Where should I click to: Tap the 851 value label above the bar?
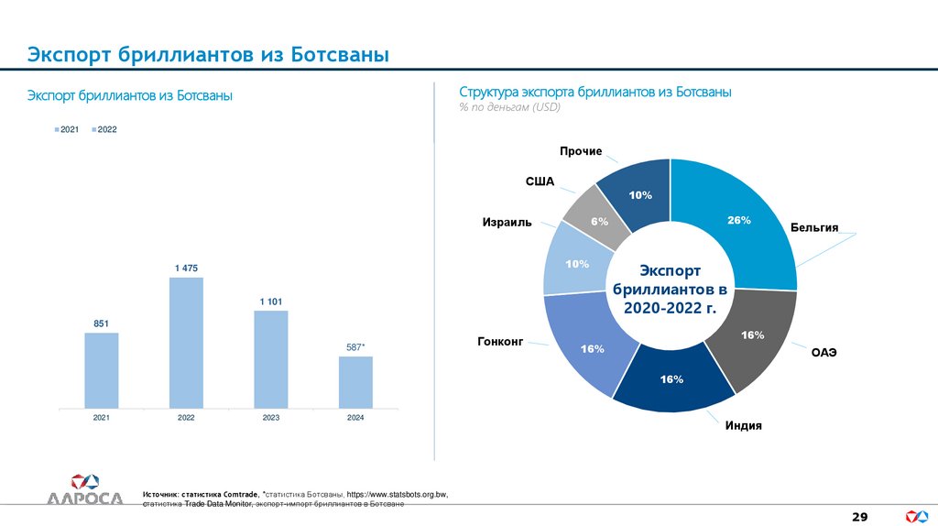(102, 323)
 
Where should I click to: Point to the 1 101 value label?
(270, 301)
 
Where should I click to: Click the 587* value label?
(355, 346)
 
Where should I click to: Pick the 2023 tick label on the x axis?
(270, 418)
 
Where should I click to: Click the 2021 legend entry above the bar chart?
(66, 129)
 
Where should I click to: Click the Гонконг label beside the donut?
(499, 341)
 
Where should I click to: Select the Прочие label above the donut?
(581, 150)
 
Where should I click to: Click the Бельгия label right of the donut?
(814, 227)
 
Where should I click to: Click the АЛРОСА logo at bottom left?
(85, 489)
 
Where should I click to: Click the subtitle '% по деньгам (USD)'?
(509, 107)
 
